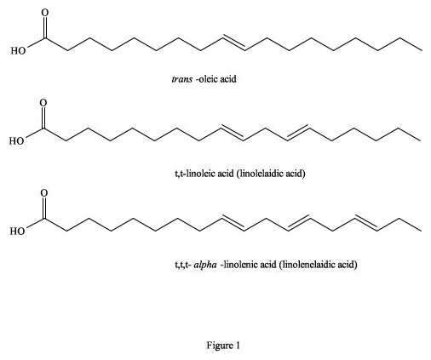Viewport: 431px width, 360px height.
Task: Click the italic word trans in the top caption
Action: (181, 78)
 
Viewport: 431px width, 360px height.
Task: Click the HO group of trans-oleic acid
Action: (18, 51)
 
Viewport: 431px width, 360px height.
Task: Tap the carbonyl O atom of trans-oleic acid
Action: (45, 13)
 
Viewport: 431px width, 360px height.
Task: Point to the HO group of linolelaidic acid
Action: (16, 141)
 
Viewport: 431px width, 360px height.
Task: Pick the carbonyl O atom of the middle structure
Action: (43, 103)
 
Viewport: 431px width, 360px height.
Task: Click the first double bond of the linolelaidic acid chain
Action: (233, 133)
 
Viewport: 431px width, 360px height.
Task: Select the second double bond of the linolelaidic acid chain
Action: (297, 133)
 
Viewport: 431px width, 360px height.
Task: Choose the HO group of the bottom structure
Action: (18, 231)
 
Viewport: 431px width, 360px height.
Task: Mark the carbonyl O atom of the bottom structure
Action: (44, 193)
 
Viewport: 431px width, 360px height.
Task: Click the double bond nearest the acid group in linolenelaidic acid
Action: (233, 223)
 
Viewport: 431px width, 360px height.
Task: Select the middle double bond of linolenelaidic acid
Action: (299, 223)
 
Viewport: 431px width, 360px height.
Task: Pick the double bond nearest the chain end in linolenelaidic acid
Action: (366, 223)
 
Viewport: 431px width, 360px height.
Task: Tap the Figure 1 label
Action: (223, 346)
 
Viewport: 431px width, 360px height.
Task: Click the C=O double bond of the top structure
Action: (45, 27)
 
